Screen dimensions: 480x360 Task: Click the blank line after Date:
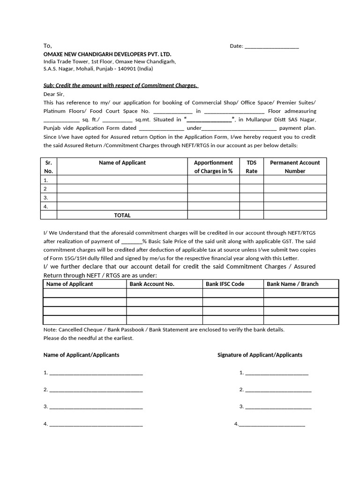[x=271, y=47]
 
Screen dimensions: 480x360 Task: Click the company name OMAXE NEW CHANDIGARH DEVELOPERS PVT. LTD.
[x=107, y=54]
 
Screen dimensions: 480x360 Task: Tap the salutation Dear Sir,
[x=54, y=94]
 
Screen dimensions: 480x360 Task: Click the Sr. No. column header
[x=48, y=167]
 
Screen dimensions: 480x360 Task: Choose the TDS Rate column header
[x=252, y=167]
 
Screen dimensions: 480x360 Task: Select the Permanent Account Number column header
[x=295, y=167]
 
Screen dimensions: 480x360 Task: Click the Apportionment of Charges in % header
[x=213, y=167]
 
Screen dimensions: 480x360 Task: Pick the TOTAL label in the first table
[x=122, y=215]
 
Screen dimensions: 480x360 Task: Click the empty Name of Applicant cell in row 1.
[x=122, y=180]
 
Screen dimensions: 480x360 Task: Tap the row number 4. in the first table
[x=46, y=206]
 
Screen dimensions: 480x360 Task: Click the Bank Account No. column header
[x=152, y=284]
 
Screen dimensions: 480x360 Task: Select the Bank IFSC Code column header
[x=225, y=284]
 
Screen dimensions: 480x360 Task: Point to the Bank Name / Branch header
[x=292, y=284]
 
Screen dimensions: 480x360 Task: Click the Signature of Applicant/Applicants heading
[x=260, y=355]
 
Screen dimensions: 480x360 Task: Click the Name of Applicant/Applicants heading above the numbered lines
[x=81, y=355]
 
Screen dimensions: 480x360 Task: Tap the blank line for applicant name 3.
[x=96, y=407]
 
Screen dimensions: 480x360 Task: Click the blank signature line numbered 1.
[x=277, y=373]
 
